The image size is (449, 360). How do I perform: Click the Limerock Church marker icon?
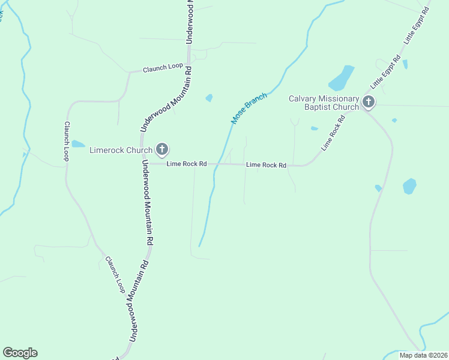(161, 149)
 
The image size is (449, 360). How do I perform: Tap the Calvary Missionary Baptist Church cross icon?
(369, 103)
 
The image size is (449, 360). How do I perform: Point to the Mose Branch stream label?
(249, 109)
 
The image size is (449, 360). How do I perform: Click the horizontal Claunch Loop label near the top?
(163, 67)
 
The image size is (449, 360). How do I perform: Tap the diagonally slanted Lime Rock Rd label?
(334, 134)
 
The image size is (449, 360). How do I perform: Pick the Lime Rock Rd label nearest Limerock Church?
(187, 164)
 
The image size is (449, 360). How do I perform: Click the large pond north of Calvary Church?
(341, 79)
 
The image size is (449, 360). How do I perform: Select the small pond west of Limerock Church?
(78, 144)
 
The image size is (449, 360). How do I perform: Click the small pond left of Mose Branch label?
(209, 98)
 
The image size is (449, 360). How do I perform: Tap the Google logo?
(20, 353)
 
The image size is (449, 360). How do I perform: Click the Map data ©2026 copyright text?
(423, 355)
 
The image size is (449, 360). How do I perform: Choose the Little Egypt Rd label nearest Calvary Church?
(385, 71)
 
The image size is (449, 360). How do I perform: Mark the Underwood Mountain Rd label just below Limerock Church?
(149, 202)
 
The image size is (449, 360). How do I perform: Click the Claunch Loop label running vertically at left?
(67, 141)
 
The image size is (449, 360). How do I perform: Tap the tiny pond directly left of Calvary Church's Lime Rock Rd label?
(314, 128)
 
